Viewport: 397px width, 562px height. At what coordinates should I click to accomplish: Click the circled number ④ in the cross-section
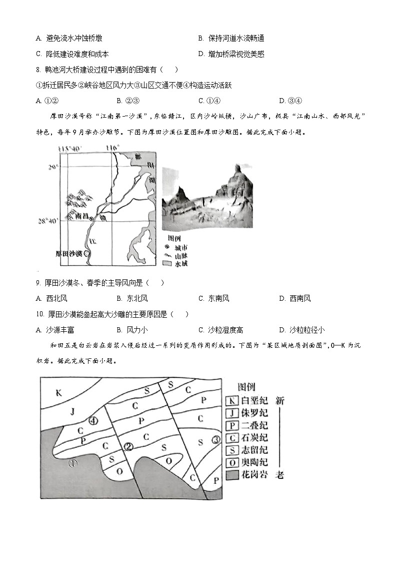point(93,421)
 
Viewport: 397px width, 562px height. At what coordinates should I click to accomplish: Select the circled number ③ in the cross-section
point(215,440)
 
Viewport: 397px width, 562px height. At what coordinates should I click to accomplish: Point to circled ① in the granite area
point(73,463)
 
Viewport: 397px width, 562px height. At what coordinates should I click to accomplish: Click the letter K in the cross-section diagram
point(58,393)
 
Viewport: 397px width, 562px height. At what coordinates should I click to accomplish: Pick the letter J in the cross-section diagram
point(72,412)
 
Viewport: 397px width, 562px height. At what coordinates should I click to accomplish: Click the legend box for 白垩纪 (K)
point(231,400)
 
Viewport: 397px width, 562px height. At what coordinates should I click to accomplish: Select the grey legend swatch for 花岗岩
point(231,475)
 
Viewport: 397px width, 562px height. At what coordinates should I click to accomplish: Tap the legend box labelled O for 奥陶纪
point(231,462)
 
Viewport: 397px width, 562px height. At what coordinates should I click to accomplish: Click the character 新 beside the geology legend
point(280,400)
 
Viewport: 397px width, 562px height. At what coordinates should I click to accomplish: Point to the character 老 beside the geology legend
point(280,475)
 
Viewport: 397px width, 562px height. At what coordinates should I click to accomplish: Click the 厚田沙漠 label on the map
point(69,253)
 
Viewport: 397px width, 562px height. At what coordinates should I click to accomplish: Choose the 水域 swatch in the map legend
point(167,263)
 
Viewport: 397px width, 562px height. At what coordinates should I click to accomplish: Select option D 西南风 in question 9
point(294,299)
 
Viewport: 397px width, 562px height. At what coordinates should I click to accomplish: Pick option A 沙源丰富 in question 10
point(52,330)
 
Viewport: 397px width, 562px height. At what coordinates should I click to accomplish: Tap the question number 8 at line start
point(38,70)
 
